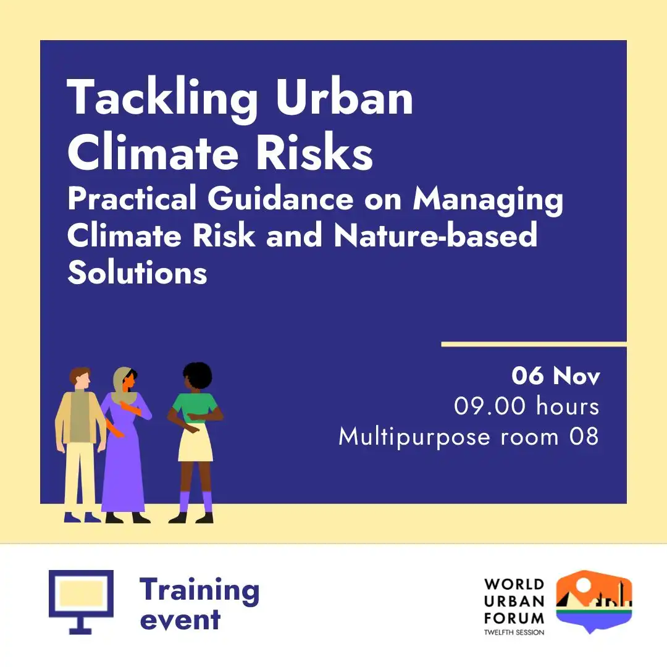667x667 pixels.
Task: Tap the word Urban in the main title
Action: (345, 97)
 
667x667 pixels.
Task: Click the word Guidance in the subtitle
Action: (281, 199)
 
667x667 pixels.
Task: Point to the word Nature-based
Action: (435, 235)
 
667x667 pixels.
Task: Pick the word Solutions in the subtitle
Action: (137, 272)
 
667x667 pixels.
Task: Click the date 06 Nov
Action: (556, 375)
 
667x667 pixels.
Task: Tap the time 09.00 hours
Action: (527, 406)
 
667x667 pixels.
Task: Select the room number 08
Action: (584, 437)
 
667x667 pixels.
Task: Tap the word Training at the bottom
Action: (199, 590)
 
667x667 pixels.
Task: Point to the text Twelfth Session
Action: (514, 632)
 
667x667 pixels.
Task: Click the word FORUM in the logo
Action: (514, 618)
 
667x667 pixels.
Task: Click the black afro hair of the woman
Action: (198, 374)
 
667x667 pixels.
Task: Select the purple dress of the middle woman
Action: (124, 468)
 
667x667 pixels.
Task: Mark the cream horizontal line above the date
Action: (534, 344)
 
